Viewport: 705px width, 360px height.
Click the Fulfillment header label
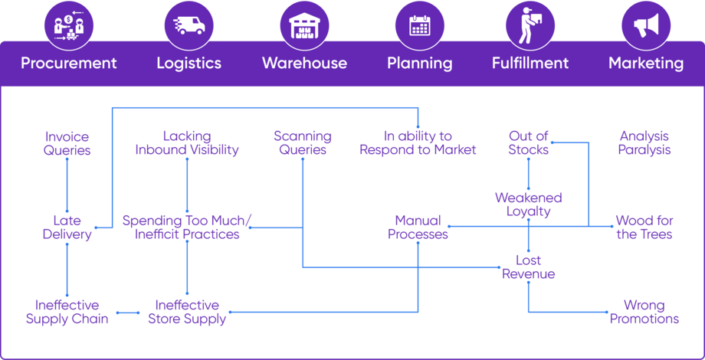click(530, 63)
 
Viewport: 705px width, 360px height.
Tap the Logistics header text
click(189, 63)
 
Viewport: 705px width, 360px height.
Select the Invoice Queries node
click(67, 143)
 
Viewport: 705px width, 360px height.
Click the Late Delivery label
click(67, 227)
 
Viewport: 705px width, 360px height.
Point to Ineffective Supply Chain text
click(67, 312)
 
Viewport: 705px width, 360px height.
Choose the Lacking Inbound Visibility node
click(187, 143)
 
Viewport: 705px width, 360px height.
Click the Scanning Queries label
click(303, 143)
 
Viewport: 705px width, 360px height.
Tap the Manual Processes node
click(418, 227)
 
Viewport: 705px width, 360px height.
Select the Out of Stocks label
click(529, 143)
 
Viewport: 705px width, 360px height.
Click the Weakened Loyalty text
click(529, 205)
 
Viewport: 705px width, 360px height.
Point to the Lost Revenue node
click(529, 267)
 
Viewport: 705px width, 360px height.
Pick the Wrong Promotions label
click(644, 312)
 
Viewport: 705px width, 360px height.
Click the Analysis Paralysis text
click(644, 143)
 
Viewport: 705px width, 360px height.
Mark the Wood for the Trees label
click(644, 227)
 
